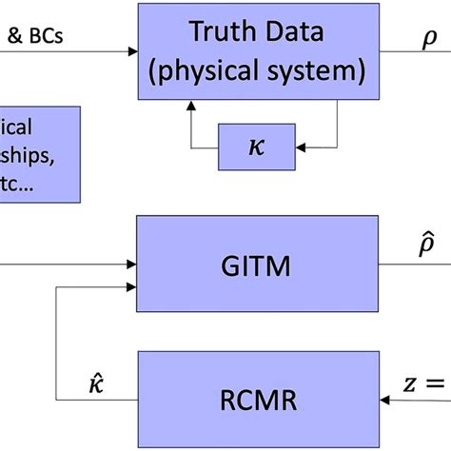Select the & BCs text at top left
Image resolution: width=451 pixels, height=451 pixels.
34,40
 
